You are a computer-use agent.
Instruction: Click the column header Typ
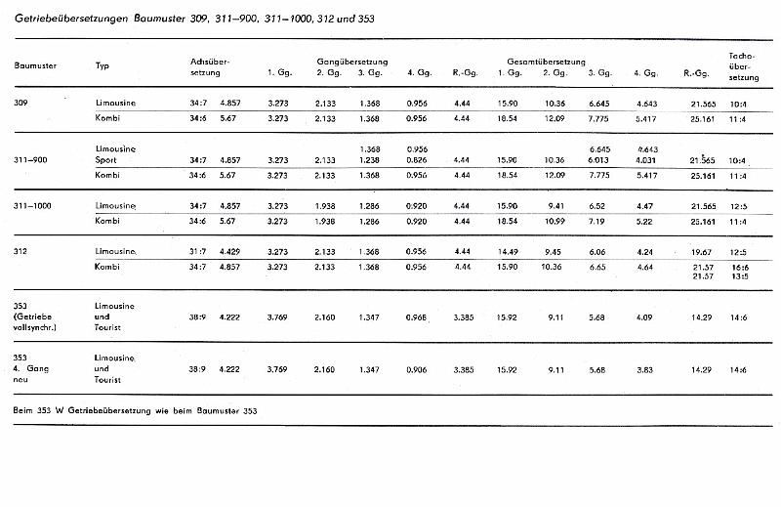pos(103,65)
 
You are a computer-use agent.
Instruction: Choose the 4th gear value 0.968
pos(418,317)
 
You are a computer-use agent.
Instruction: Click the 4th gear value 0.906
pos(418,369)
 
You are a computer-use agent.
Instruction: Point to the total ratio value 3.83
pos(641,369)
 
